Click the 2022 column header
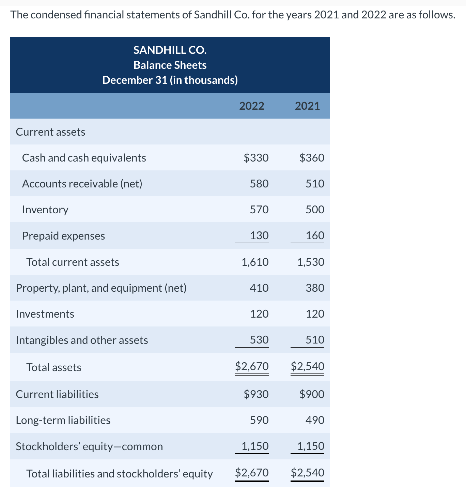252,106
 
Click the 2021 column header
307,106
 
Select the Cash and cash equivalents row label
84,158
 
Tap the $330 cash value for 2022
256,158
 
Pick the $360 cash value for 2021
312,158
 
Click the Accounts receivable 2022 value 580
259,184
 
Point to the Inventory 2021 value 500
315,209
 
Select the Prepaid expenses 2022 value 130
259,235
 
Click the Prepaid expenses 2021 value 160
315,235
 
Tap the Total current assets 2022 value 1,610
255,262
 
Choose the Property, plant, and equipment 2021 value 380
315,288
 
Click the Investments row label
45,314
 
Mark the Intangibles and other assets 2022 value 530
259,340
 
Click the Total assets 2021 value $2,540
308,366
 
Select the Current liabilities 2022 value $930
256,394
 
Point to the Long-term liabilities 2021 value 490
315,420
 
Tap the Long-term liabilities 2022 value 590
259,420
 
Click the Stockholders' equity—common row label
89,446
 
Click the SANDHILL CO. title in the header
170,50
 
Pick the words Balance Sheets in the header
170,65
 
